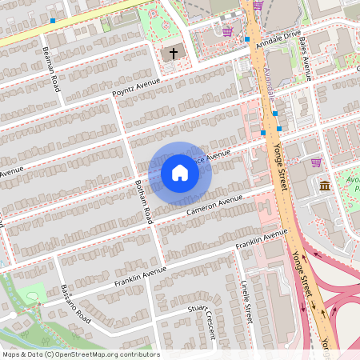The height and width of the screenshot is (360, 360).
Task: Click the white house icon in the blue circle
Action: [x=180, y=172]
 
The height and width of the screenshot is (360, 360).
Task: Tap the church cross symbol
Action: [x=173, y=54]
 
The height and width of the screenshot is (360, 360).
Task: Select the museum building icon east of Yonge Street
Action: [x=324, y=186]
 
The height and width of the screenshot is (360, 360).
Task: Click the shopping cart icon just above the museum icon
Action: [x=316, y=162]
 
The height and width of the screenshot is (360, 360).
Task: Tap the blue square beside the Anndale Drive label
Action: [x=247, y=38]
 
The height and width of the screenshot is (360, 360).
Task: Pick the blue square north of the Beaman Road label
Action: [x=53, y=21]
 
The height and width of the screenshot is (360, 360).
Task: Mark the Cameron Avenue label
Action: [x=214, y=206]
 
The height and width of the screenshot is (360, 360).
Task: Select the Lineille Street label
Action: [x=246, y=301]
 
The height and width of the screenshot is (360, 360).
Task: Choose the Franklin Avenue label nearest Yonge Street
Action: [x=262, y=239]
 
